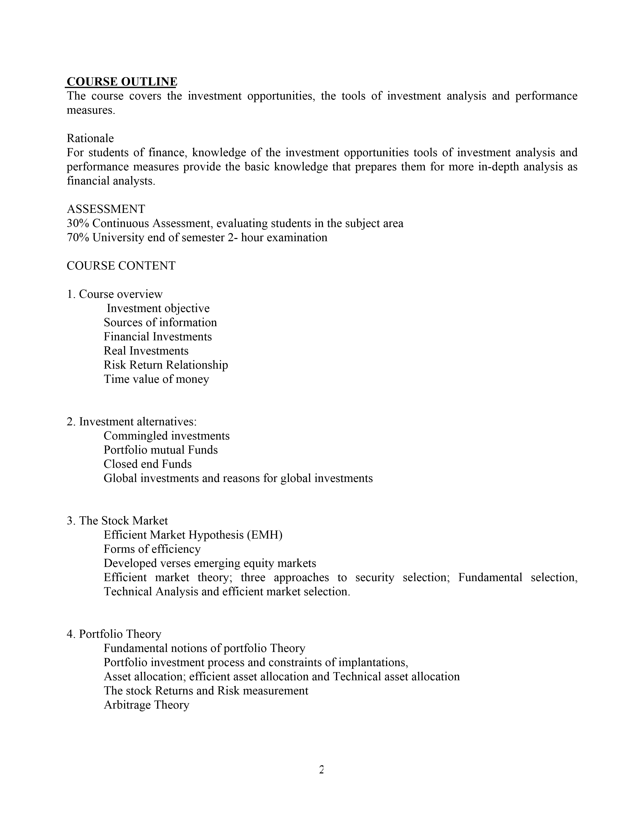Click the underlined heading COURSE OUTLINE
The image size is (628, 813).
click(122, 82)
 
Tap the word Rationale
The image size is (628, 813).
click(90, 138)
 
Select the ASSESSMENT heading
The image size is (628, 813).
click(106, 209)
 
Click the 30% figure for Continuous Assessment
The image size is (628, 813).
click(78, 223)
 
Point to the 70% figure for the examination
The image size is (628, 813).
click(78, 237)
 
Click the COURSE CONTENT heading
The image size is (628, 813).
click(121, 266)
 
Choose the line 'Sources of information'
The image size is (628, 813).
click(160, 322)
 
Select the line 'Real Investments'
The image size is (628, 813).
click(146, 351)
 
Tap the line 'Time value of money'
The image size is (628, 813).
click(156, 379)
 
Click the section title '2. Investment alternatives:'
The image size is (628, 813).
click(132, 422)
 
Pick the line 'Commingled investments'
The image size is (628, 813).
click(166, 436)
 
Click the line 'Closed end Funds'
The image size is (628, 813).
click(147, 464)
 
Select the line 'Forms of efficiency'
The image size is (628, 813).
click(152, 549)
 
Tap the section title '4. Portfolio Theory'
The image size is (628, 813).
click(114, 634)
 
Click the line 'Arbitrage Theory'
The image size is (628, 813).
click(146, 705)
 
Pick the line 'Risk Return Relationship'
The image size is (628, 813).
click(165, 365)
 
